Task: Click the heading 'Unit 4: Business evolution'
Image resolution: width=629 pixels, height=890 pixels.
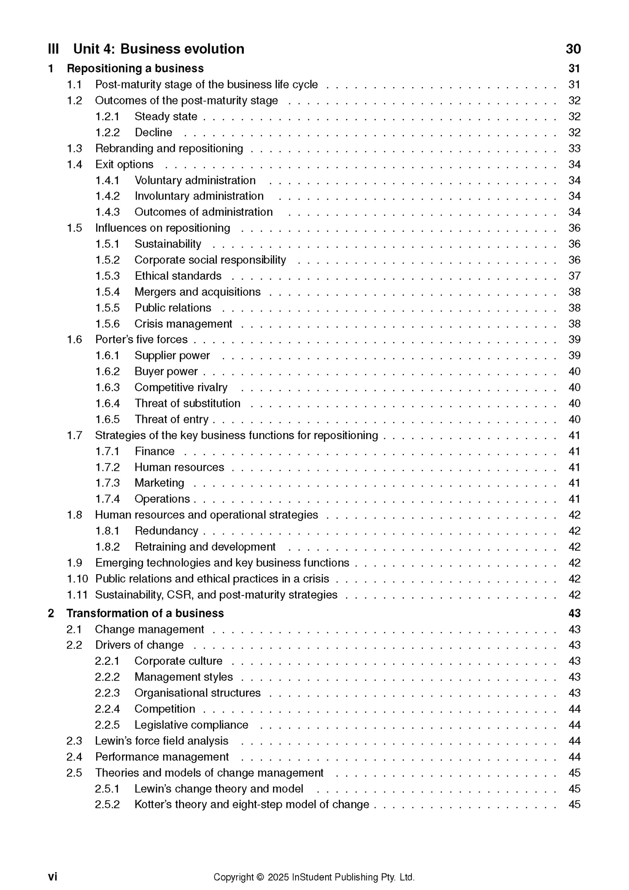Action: [x=158, y=49]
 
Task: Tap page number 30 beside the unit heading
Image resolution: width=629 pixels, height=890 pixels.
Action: [x=573, y=49]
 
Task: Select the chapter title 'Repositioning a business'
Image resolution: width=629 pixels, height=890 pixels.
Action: [x=135, y=68]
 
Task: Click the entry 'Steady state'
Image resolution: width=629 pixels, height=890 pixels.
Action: [x=166, y=116]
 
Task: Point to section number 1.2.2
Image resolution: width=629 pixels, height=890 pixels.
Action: [x=108, y=132]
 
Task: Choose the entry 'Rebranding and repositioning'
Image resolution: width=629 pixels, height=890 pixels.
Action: [x=169, y=149]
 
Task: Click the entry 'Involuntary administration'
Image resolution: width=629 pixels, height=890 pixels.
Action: [x=199, y=196]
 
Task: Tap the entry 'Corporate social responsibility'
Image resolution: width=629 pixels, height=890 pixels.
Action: [x=210, y=260]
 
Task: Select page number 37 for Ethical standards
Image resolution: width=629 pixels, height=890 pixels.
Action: [x=574, y=276]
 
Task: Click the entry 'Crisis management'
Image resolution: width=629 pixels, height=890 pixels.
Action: [x=183, y=324]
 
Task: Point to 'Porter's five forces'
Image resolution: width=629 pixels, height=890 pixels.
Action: [x=141, y=339]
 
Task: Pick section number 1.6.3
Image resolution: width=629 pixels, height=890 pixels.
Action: [x=108, y=387]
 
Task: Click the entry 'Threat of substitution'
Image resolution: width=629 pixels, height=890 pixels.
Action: [x=187, y=403]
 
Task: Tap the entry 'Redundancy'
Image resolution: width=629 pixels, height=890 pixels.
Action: [x=166, y=531]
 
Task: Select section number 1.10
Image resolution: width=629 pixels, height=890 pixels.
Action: [x=77, y=579]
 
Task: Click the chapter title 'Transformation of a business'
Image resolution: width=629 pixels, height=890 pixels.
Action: [x=145, y=613]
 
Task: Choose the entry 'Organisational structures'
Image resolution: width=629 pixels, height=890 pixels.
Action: [x=198, y=693]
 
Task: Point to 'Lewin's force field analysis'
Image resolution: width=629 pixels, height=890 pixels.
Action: [x=161, y=741]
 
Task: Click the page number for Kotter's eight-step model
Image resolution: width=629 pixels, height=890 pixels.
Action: [x=574, y=804]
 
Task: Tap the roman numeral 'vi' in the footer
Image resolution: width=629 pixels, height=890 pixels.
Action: [x=52, y=876]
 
